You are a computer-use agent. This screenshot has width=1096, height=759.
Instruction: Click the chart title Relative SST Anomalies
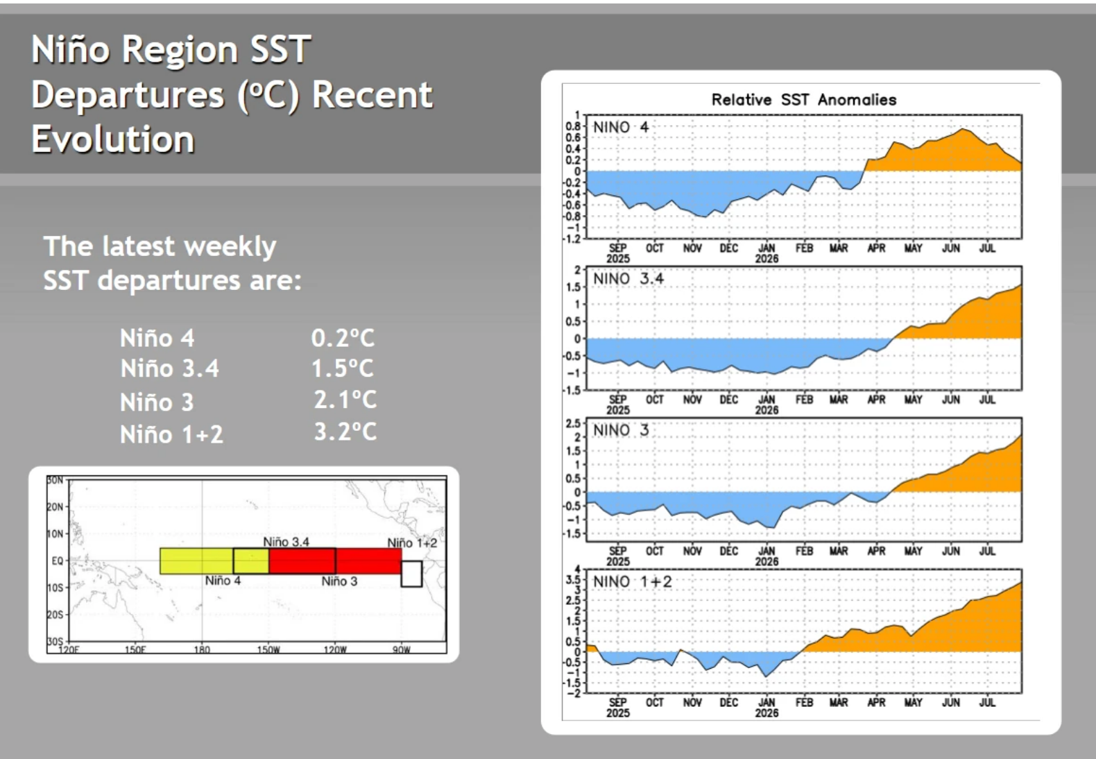point(803,100)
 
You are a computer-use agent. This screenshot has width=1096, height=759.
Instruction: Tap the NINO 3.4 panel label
point(628,279)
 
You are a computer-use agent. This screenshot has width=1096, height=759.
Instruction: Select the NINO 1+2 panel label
point(632,582)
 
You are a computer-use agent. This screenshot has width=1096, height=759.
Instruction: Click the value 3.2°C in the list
point(345,432)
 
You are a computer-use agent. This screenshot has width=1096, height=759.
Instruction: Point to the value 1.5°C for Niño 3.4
point(343,368)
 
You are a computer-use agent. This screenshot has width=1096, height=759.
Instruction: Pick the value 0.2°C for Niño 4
point(343,338)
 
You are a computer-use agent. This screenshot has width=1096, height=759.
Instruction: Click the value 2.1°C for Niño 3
point(345,400)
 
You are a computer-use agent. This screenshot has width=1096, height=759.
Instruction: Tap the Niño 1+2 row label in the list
point(171,434)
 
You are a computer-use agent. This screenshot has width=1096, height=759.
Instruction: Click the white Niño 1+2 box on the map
point(411,574)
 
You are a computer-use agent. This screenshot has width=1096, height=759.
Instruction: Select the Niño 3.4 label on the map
point(286,542)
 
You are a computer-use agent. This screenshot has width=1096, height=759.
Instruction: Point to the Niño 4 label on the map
point(223,581)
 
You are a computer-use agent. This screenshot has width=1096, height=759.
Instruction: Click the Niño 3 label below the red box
point(339,581)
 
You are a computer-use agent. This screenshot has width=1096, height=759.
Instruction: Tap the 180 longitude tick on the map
point(202,649)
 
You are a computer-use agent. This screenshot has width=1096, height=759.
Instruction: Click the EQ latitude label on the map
point(58,561)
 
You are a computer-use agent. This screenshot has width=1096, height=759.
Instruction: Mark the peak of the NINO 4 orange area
point(962,129)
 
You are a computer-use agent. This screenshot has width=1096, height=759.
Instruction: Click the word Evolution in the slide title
point(112,139)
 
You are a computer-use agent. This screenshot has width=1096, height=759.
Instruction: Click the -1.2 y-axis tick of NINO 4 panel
point(572,239)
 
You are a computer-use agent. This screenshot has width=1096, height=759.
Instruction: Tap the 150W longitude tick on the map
point(268,649)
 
